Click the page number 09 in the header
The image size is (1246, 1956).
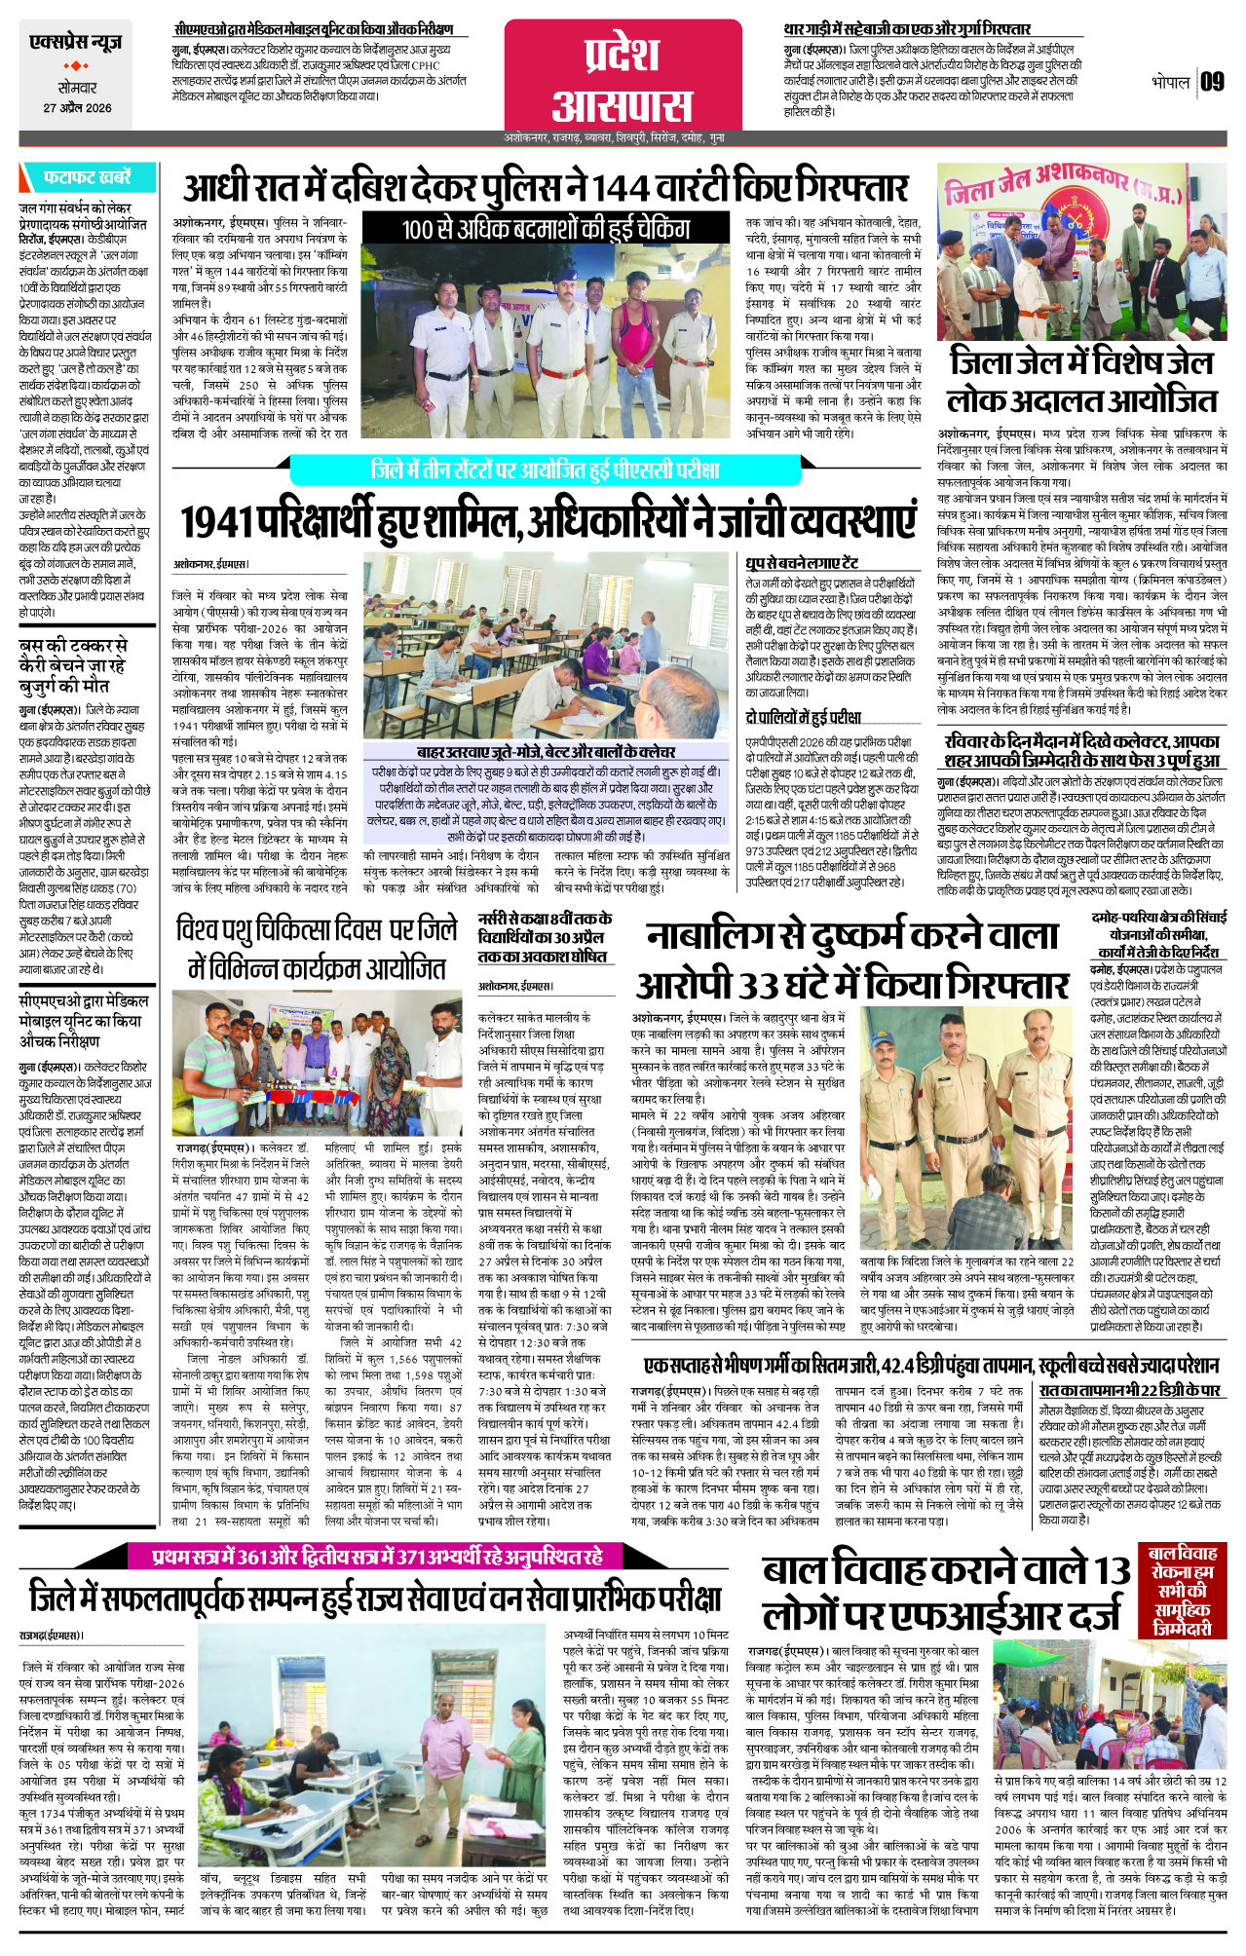(x=1212, y=82)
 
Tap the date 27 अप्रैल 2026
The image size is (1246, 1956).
(x=77, y=108)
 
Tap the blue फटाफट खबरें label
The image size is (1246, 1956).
(x=86, y=177)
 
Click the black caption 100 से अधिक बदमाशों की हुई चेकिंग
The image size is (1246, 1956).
(x=546, y=230)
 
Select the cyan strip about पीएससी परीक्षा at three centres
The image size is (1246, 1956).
(x=545, y=470)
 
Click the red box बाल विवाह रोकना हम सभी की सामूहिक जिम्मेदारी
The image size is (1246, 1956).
(x=1182, y=1591)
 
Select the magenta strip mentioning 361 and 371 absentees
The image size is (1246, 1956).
(x=377, y=1557)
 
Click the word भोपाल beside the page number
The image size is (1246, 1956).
(x=1170, y=82)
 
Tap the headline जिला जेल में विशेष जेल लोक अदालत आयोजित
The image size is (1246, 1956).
(x=1082, y=381)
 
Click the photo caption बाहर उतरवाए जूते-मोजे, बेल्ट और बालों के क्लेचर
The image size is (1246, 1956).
(x=546, y=752)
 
